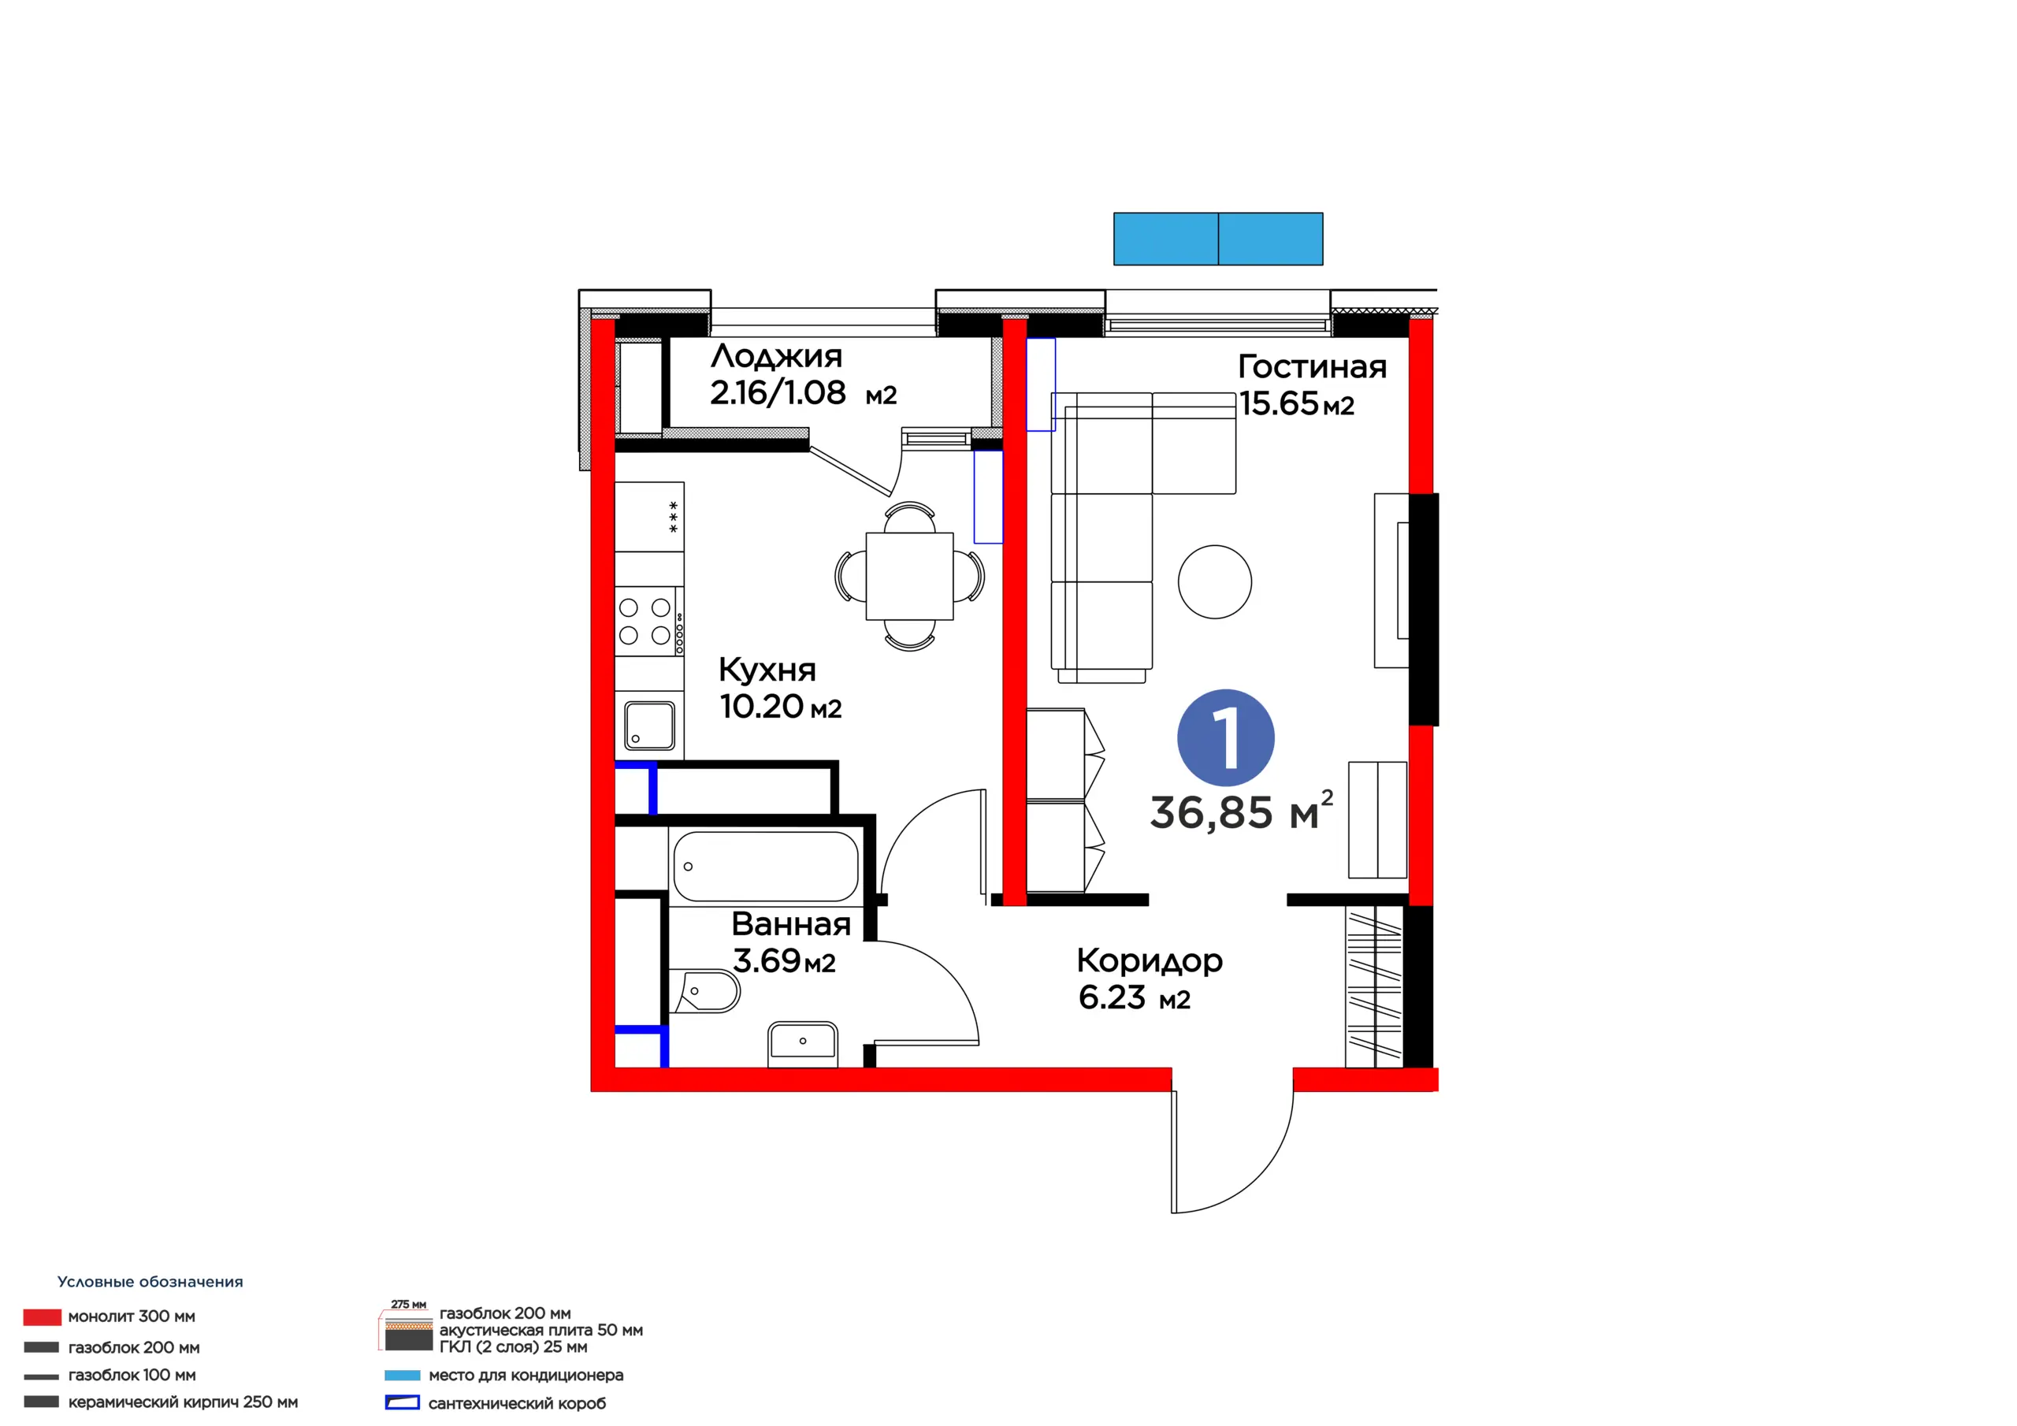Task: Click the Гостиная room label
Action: (x=1313, y=367)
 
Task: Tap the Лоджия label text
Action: (x=777, y=357)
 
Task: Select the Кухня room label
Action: (x=767, y=670)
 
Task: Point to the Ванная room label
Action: (x=790, y=924)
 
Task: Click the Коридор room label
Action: (x=1149, y=961)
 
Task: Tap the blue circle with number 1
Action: (x=1225, y=737)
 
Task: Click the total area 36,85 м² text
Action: (x=1241, y=811)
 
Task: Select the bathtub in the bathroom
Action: (x=765, y=867)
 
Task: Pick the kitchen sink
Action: (x=649, y=726)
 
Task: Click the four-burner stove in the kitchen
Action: (x=649, y=621)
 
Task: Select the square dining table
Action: (x=909, y=577)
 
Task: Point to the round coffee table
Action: (x=1215, y=581)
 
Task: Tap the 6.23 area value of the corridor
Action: (x=1113, y=997)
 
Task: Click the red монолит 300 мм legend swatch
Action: (x=43, y=1317)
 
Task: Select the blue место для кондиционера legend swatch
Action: (x=403, y=1375)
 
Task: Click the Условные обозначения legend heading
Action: (x=150, y=1282)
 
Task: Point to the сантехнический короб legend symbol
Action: (x=403, y=1403)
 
